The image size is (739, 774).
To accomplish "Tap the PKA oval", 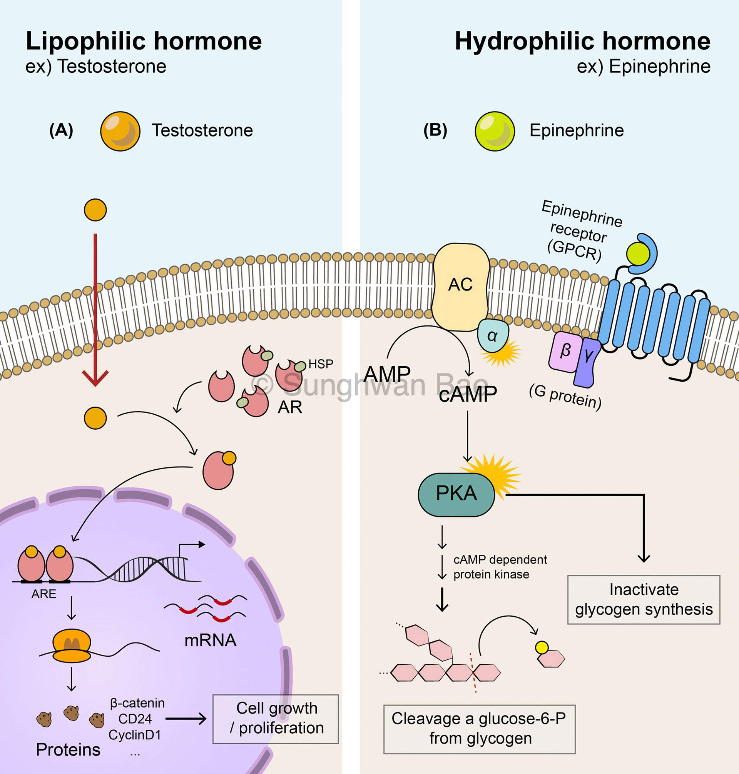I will (456, 494).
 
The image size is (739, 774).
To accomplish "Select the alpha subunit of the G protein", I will (492, 336).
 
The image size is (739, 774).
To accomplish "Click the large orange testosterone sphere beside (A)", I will (120, 131).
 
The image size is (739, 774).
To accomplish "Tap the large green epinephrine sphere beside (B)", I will (495, 131).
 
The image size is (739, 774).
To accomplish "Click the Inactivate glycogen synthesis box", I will (643, 600).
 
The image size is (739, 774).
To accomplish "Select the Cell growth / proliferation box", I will (275, 719).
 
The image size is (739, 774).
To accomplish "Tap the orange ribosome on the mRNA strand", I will (72, 646).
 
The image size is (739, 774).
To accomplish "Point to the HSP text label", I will (321, 364).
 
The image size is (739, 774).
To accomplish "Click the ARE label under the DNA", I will (44, 594).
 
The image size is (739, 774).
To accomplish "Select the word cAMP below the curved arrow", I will (468, 394).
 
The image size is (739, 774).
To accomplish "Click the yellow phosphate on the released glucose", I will (542, 647).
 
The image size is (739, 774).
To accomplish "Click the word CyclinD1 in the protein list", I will (135, 735).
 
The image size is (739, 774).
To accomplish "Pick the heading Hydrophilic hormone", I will (582, 41).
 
